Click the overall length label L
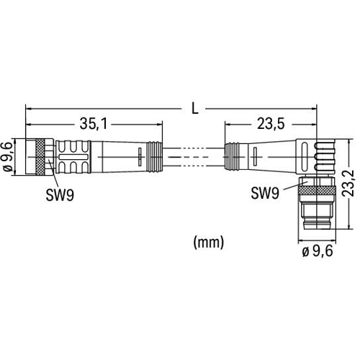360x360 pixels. point(195,109)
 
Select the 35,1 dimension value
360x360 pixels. point(94,124)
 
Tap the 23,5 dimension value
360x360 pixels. point(271,124)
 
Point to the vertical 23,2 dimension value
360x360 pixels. point(348,184)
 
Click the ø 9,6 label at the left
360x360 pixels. point(8,156)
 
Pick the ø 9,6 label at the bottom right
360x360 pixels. point(318,251)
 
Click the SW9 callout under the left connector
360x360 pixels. point(60,195)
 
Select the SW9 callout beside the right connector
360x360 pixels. point(265,193)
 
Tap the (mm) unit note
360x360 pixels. point(209,242)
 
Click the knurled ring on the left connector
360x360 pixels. point(40,156)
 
